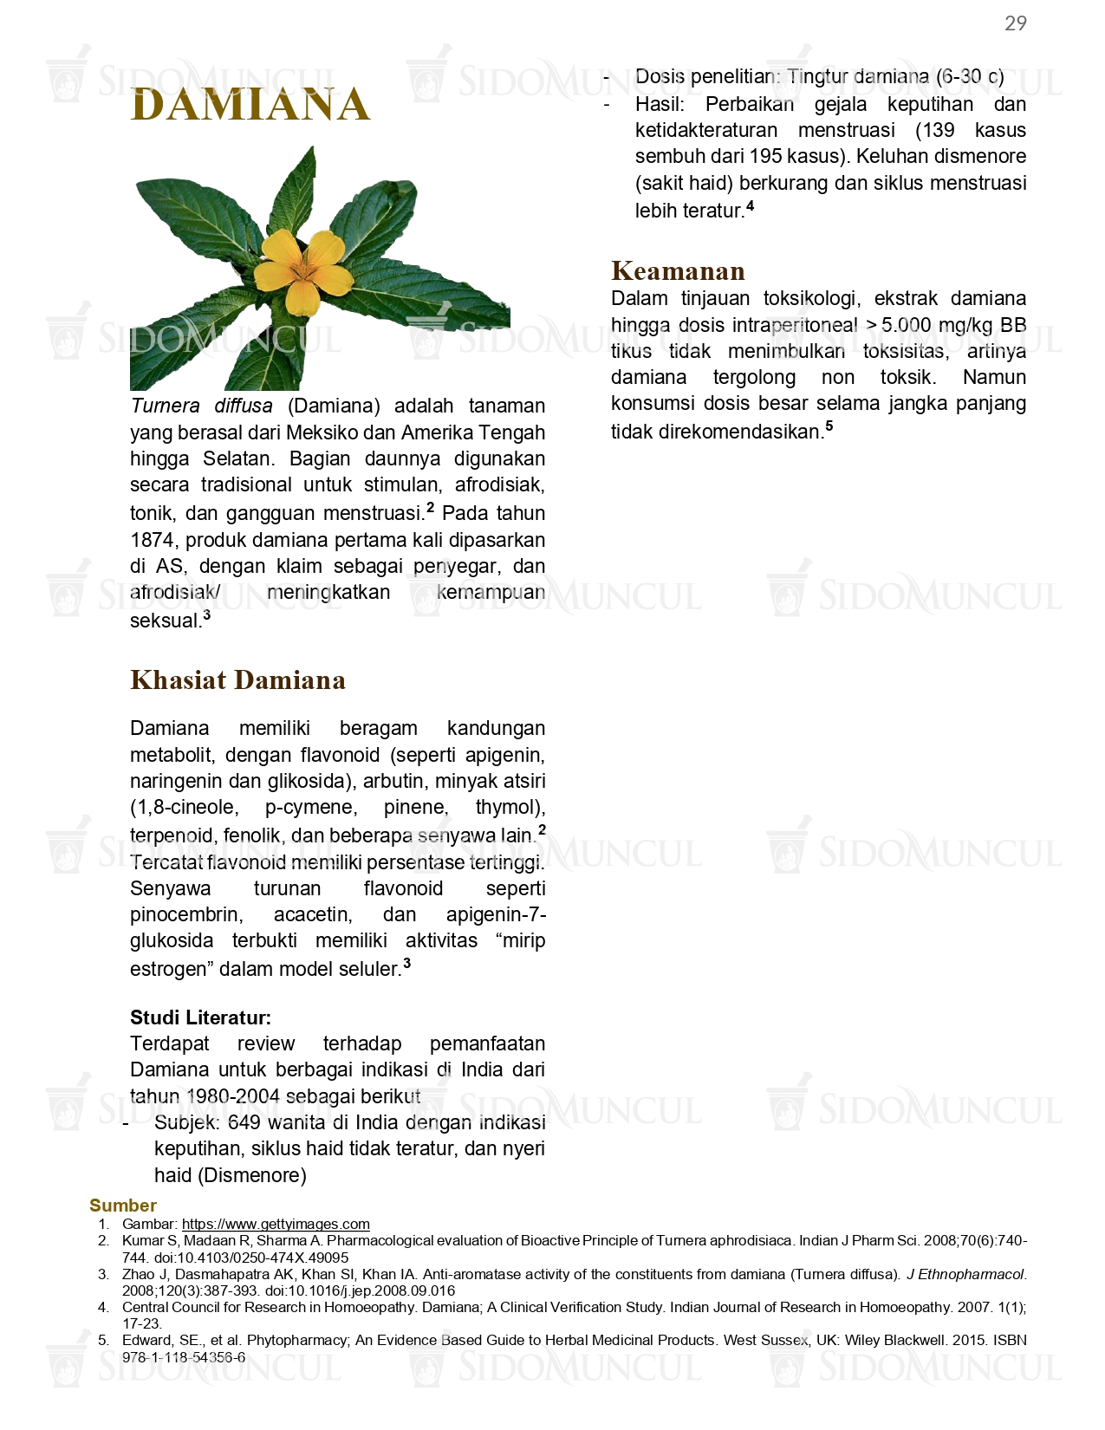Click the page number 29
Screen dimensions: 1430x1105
[x=1015, y=23]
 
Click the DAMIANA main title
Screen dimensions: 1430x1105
[x=250, y=105]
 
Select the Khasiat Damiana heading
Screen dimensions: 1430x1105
[x=237, y=680]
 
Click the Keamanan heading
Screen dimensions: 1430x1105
[x=678, y=271]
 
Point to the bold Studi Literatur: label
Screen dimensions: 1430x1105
[x=200, y=1017]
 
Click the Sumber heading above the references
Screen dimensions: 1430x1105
[x=123, y=1206]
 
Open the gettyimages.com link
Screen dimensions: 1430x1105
[x=276, y=1224]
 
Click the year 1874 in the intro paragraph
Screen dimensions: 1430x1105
[x=153, y=540]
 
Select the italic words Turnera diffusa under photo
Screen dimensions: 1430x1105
[x=201, y=406]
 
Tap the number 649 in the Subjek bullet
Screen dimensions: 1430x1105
[x=244, y=1123]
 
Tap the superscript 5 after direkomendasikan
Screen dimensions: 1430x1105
[x=829, y=426]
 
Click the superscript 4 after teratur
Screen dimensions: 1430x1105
[x=751, y=205]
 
